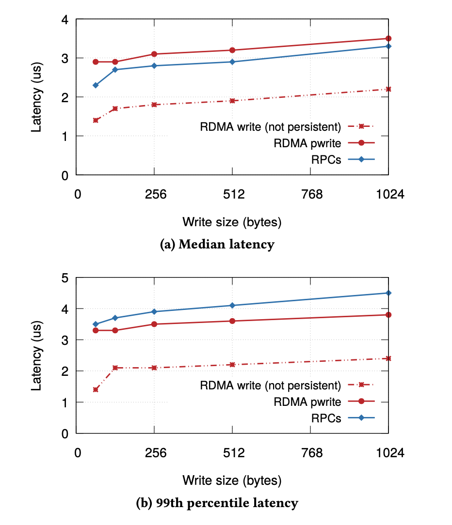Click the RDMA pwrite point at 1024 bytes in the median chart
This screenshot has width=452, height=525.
(388, 38)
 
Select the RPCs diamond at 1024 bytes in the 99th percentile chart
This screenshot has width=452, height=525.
(388, 293)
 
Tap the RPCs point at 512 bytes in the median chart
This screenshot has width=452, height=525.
(232, 62)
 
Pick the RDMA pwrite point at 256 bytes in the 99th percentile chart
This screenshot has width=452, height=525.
(154, 324)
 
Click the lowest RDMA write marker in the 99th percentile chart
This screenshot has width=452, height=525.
(96, 389)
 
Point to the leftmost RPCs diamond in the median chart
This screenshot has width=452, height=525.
(96, 85)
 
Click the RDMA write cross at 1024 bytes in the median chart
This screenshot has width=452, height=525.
(388, 89)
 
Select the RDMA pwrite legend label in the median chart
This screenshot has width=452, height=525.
(307, 143)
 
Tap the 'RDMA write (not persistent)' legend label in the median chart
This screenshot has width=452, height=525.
(271, 127)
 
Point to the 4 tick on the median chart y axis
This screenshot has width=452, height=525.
(65, 20)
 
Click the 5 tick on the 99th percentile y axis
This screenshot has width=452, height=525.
(65, 278)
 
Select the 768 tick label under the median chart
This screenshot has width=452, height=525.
(312, 195)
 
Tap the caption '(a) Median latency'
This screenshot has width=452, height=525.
(217, 245)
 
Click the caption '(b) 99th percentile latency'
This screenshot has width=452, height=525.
(217, 503)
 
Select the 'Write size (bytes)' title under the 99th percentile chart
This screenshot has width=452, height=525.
(232, 480)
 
